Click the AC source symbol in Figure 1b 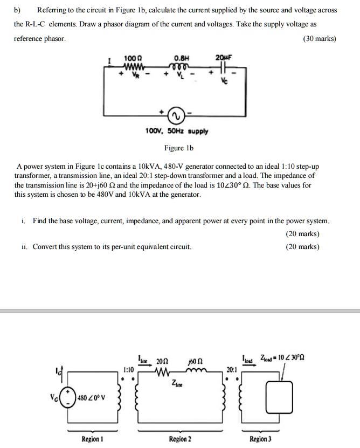(175, 115)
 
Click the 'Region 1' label (90, 439)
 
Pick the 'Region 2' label (180, 439)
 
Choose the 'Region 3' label (261, 439)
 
